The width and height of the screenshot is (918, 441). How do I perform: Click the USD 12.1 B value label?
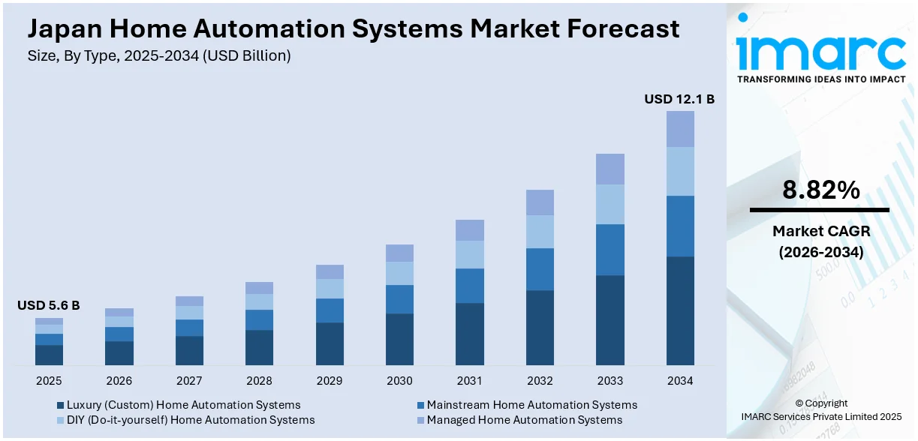coord(679,99)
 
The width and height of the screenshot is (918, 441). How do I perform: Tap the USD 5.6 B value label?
coord(48,305)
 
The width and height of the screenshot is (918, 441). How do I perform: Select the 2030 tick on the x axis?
coord(399,381)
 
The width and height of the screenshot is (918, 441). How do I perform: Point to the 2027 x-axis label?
coord(189,381)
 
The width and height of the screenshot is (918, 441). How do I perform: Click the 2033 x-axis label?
coord(610,381)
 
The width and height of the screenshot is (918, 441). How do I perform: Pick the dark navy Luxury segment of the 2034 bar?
coord(680,310)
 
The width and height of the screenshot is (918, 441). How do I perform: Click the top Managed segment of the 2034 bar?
coord(680,129)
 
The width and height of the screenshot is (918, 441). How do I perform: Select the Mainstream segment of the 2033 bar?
coord(610,250)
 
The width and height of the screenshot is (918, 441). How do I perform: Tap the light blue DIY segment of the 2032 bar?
coord(540,232)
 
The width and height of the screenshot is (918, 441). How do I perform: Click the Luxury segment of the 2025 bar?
coord(49,355)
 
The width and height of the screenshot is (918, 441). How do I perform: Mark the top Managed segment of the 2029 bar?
coord(330,271)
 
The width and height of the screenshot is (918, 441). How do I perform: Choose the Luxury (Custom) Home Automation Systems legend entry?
coord(183,405)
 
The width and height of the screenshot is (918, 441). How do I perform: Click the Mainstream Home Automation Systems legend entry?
coord(531,405)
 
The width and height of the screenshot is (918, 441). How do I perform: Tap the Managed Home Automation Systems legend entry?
coord(524,420)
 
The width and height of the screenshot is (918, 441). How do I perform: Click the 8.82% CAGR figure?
coord(820,190)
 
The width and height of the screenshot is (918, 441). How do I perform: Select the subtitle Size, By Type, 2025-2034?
coord(159,55)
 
